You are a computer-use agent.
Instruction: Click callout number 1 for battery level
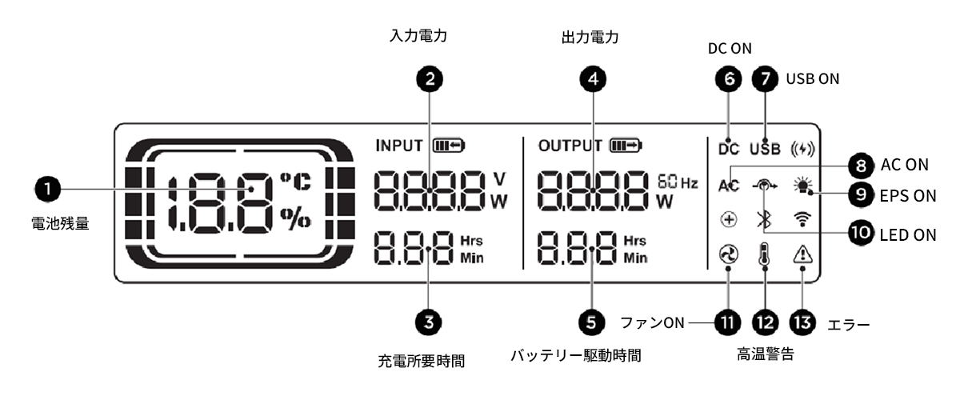pos(47,189)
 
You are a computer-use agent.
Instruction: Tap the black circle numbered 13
pos(802,322)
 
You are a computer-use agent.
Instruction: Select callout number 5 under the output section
pos(591,322)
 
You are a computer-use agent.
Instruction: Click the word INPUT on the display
pos(399,146)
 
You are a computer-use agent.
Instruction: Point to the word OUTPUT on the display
pos(570,146)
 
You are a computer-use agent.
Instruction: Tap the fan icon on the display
pos(729,254)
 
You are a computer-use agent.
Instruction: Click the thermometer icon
pos(765,254)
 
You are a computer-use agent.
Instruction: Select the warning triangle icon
pos(802,254)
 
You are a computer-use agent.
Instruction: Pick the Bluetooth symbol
pos(764,220)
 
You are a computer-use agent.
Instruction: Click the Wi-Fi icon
pos(802,219)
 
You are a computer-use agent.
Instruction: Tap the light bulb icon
pos(802,186)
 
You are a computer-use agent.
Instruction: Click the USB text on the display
pos(765,149)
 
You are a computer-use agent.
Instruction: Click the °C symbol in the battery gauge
pos(296,182)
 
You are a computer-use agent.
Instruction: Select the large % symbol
pos(296,218)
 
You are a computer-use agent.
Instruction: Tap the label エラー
pos(849,326)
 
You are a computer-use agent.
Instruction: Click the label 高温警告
pos(766,354)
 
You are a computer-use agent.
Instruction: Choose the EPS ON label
pos(908,196)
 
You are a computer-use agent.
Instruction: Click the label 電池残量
pos(61,223)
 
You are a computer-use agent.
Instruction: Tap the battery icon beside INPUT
pos(449,146)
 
